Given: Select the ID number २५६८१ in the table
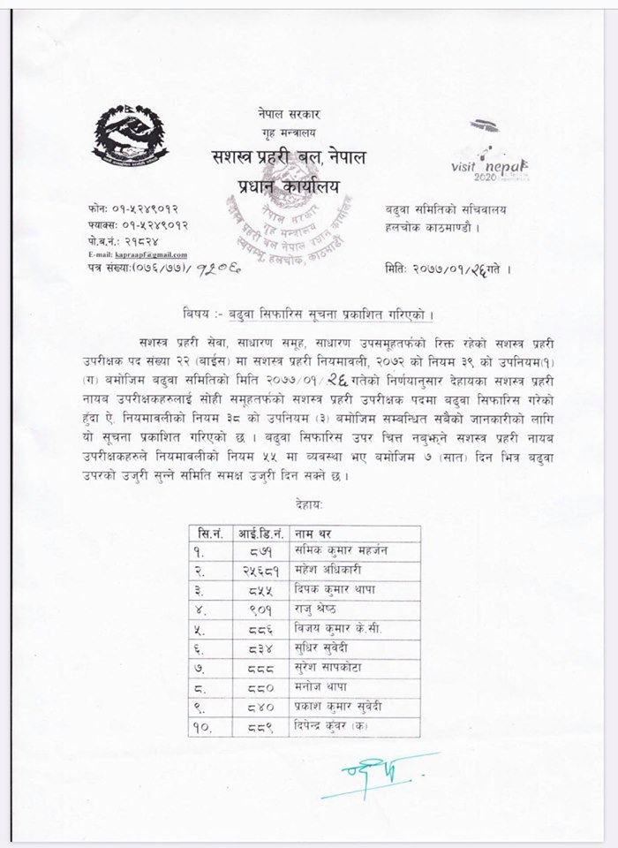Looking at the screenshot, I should point(261,570).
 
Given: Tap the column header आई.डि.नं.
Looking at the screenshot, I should point(261,533).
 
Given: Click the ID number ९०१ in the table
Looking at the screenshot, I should point(261,609).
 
